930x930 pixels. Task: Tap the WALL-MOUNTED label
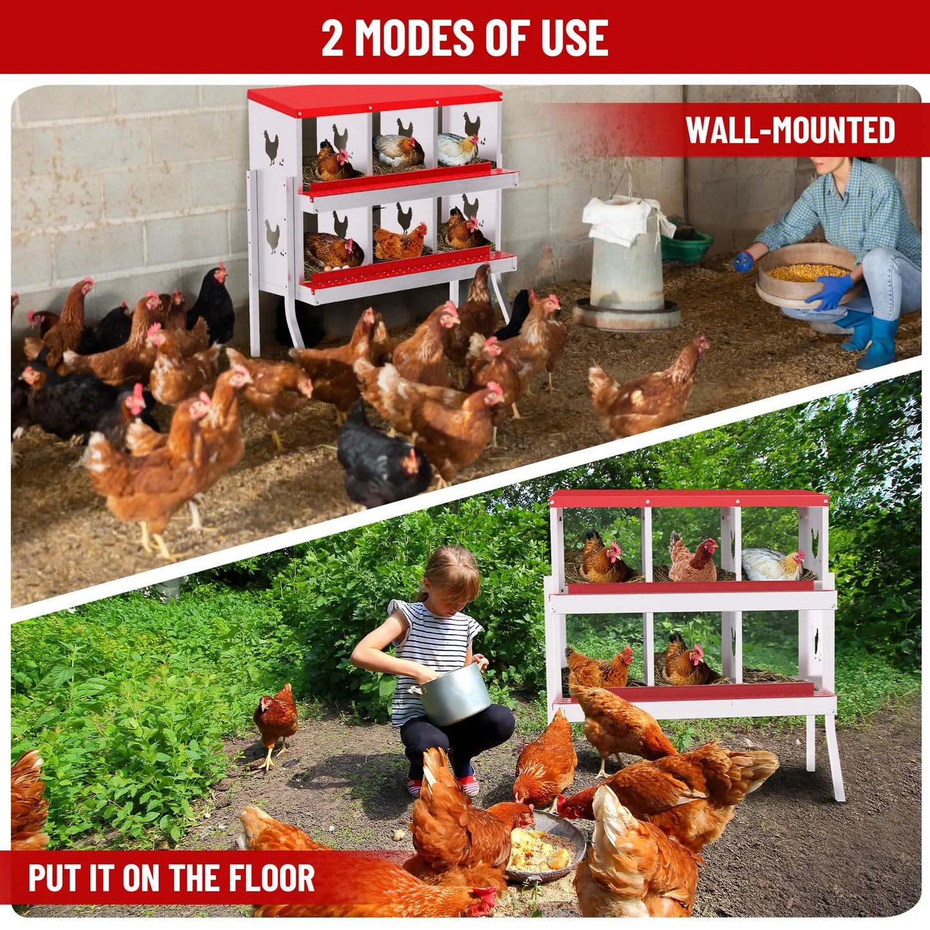pos(790,131)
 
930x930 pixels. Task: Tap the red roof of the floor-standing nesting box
pos(689,498)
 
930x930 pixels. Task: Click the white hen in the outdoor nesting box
pos(772,564)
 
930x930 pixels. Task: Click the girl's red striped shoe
pos(469,784)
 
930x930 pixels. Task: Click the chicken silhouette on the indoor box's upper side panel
pos(272,147)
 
